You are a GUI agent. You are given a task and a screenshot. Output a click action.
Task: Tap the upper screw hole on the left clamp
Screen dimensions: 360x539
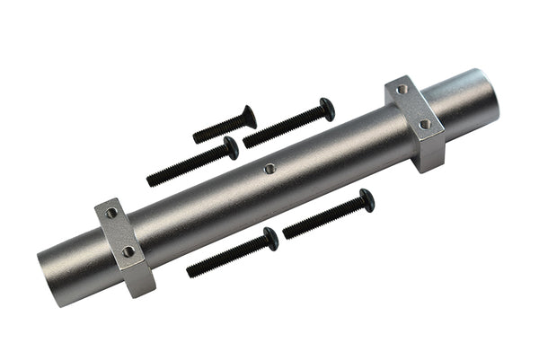pos(110,214)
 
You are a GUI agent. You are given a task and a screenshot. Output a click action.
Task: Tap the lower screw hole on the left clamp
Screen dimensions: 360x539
pos(128,251)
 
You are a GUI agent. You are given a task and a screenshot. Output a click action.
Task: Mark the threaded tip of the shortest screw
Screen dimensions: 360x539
pos(197,139)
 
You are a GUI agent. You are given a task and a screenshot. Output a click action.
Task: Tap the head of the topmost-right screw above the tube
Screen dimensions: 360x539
pos(327,109)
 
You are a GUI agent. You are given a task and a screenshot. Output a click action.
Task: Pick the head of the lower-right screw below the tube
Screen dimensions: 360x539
pos(367,199)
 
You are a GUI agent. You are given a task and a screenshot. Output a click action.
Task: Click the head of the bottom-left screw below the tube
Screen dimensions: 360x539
pos(270,238)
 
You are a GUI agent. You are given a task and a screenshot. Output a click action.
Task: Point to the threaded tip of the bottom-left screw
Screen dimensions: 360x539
pos(190,271)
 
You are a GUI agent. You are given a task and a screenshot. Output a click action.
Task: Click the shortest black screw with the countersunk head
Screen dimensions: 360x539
pos(224,127)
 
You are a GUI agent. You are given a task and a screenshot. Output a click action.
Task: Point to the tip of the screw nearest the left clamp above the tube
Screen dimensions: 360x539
pos(150,182)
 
